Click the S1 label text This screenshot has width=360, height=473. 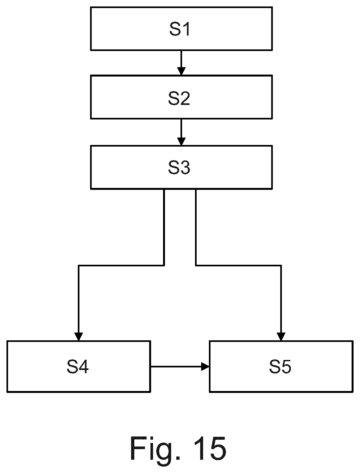[180, 29]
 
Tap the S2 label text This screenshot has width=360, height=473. [179, 98]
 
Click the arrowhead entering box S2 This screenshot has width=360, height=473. [181, 71]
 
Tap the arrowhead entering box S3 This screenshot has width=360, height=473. [181, 141]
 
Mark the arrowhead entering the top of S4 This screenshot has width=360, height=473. [79, 337]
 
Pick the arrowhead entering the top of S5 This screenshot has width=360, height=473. [281, 337]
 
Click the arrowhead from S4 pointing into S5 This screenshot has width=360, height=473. [205, 366]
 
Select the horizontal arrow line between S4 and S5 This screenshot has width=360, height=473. [180, 366]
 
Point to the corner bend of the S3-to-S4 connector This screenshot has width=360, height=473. [79, 265]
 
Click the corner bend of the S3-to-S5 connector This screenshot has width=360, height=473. [281, 265]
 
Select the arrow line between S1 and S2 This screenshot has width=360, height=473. [181, 63]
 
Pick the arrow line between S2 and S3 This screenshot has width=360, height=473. [181, 132]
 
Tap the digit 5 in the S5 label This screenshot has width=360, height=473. [286, 366]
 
